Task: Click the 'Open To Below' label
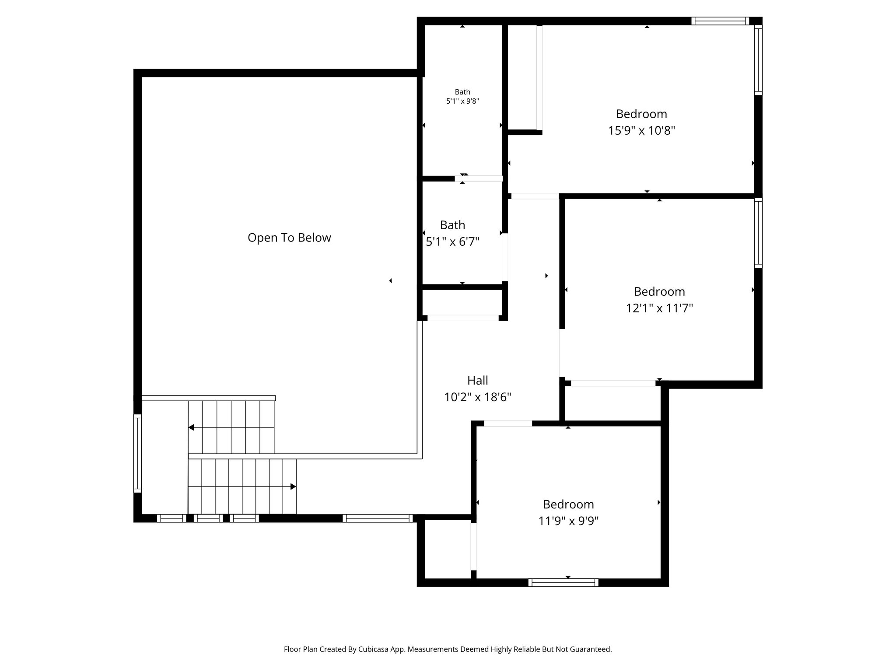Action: click(x=289, y=238)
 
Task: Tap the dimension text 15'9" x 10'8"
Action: click(x=641, y=131)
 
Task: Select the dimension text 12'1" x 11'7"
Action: click(x=659, y=308)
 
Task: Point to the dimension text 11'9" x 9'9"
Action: click(x=568, y=521)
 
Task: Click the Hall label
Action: click(x=477, y=380)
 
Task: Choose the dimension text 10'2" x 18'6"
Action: click(x=477, y=397)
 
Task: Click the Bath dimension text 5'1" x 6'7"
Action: click(x=452, y=242)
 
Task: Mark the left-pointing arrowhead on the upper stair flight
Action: click(x=191, y=427)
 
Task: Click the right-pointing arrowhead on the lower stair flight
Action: click(x=293, y=486)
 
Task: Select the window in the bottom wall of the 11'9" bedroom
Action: click(x=563, y=582)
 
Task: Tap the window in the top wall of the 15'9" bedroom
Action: click(x=720, y=21)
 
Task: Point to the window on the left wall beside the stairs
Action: click(x=137, y=453)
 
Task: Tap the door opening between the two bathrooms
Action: click(x=479, y=178)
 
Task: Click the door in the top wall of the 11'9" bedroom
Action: click(x=508, y=423)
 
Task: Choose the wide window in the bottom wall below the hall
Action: click(x=378, y=518)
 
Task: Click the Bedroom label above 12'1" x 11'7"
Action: click(x=659, y=291)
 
